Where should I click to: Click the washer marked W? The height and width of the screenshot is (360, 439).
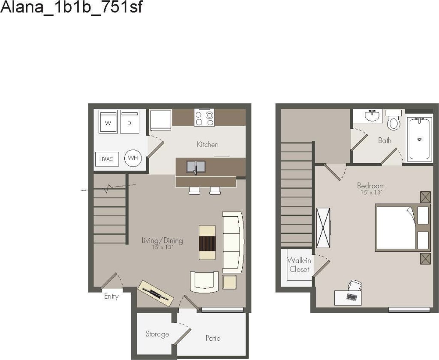108,122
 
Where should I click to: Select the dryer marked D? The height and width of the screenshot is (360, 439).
129,122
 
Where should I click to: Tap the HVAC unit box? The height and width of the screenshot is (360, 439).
106,159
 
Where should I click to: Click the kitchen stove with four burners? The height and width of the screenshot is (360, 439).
204,118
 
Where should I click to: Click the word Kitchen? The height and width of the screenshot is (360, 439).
207,145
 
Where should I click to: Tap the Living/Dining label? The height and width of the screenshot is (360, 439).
162,241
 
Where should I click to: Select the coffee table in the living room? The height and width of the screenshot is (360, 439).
207,242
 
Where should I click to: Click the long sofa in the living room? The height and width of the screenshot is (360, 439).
232,242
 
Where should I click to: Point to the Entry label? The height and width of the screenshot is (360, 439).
111,296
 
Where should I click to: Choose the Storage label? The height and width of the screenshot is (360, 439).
157,334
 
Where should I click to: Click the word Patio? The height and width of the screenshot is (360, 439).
213,338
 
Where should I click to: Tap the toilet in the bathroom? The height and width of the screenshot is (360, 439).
394,121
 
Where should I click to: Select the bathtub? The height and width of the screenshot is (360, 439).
419,138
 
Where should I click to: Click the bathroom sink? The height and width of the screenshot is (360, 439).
373,116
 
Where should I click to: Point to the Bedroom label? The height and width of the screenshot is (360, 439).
371,186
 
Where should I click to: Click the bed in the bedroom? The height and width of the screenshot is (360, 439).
397,228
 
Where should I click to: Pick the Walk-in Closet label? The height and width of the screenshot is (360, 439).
299,264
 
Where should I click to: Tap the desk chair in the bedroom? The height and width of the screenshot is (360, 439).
355,286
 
